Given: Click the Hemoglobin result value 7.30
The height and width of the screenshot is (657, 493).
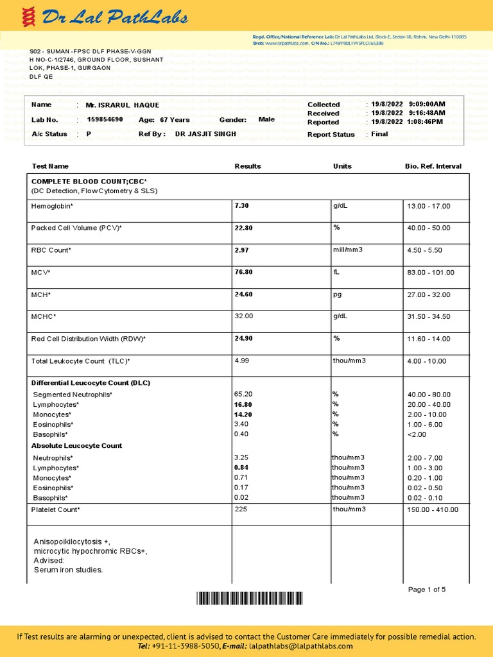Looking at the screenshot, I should [241, 206].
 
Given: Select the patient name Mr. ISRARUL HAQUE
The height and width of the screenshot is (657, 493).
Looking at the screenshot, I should [123, 105].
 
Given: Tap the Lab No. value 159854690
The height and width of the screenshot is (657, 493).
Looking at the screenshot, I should [105, 120].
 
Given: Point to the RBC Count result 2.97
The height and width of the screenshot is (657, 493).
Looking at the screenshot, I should [241, 250].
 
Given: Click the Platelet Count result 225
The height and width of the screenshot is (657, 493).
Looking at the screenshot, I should [241, 509].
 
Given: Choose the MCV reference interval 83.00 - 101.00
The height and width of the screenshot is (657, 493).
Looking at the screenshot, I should [430, 273].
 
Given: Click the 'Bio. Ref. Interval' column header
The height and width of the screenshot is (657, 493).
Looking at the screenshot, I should [433, 166].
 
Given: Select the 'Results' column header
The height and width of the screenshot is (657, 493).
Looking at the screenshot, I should [248, 166].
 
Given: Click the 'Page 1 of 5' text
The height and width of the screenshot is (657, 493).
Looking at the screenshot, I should [427, 590].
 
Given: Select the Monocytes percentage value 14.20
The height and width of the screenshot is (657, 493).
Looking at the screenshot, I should [243, 414].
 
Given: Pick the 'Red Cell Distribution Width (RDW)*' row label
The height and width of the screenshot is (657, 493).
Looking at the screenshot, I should [89, 339].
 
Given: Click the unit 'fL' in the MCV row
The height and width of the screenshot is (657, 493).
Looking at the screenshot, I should [336, 273].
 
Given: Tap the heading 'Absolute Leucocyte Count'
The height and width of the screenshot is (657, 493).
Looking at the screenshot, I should [76, 446].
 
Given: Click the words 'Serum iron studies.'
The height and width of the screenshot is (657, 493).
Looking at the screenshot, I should [68, 570].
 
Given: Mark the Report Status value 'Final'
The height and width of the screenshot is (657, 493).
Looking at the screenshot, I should [379, 135].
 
